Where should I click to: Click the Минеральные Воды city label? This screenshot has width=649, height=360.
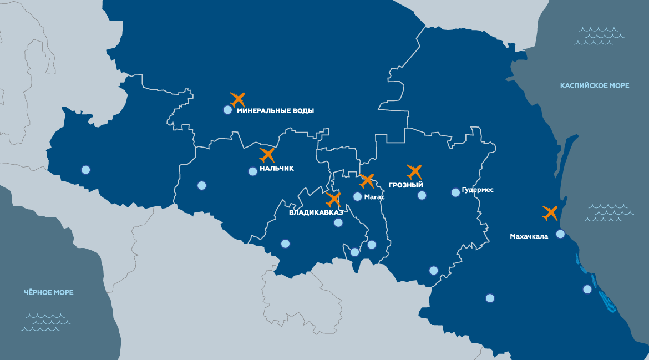[275, 111]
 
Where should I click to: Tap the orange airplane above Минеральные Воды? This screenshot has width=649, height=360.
[237, 99]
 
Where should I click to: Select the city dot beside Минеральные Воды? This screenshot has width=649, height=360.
[227, 110]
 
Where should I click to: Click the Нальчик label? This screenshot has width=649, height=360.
[276, 168]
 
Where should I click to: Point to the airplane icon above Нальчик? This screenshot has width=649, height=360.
[267, 155]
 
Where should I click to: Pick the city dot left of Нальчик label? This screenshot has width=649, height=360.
[253, 171]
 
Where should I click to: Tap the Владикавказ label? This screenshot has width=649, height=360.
[316, 212]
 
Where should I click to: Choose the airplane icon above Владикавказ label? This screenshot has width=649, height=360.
[333, 199]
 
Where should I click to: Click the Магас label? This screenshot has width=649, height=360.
[374, 197]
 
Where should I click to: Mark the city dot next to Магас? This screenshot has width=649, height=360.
[358, 196]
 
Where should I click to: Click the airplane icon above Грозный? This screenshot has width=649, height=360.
[414, 171]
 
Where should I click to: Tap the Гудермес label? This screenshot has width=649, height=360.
[477, 190]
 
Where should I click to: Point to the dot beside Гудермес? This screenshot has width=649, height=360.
[455, 192]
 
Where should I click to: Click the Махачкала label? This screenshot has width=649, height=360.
[529, 236]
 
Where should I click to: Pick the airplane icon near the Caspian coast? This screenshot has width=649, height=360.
[550, 212]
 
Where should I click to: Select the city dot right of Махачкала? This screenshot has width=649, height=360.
[560, 234]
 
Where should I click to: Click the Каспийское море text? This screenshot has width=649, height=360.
[595, 85]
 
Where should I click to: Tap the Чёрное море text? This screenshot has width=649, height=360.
[49, 292]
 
